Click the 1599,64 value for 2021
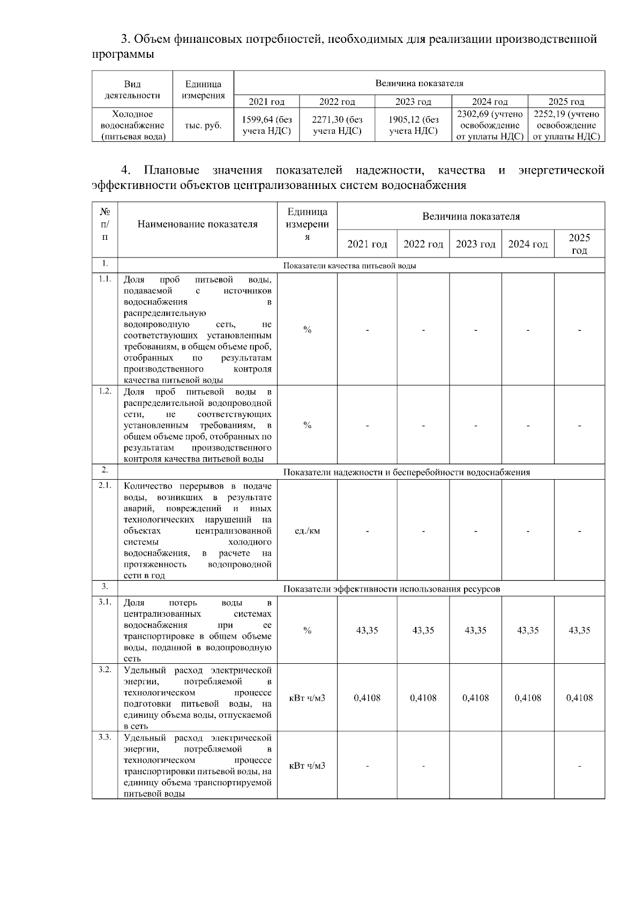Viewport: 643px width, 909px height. tap(267, 125)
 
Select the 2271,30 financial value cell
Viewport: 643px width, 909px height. tap(337, 125)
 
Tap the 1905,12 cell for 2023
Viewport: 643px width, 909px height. tap(413, 125)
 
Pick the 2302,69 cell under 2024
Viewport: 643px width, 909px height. tap(490, 125)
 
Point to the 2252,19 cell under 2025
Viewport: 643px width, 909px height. tap(566, 125)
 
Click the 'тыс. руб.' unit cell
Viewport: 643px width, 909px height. tap(203, 125)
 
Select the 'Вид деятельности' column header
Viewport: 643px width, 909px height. tap(132, 89)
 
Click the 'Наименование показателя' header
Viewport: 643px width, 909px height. tap(197, 224)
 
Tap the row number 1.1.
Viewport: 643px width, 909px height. tap(104, 278)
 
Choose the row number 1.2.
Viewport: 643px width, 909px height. tap(104, 391)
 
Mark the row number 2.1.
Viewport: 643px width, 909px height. tap(104, 485)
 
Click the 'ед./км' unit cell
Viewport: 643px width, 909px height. tap(307, 531)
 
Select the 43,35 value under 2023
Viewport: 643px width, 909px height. tap(475, 630)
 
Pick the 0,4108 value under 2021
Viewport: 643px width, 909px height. tap(367, 698)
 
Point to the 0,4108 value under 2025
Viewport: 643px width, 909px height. tap(579, 698)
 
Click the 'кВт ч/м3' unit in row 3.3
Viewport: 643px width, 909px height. tap(307, 766)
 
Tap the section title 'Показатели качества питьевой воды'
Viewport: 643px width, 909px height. tap(349, 266)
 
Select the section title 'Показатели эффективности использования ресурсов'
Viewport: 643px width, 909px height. tap(391, 589)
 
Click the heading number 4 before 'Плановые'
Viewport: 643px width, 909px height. tap(126, 170)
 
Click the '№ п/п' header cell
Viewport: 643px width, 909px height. tap(104, 224)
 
